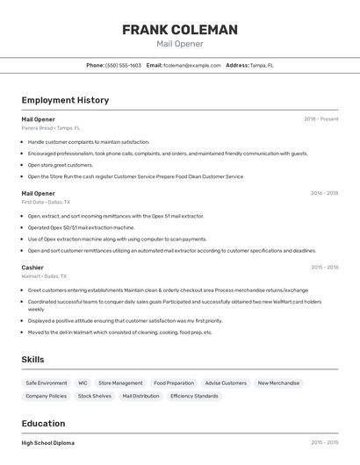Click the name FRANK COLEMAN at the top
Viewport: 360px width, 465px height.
[x=180, y=30]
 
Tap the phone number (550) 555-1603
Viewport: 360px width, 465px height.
[x=123, y=65]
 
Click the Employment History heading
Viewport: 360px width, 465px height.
[x=65, y=100]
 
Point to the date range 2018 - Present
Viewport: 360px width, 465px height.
[x=320, y=119]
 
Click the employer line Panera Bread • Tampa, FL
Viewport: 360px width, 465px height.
[x=51, y=128]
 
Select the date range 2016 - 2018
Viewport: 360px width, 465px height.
[x=324, y=193]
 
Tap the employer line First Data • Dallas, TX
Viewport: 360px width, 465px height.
[x=46, y=202]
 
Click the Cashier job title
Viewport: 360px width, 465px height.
[x=32, y=267]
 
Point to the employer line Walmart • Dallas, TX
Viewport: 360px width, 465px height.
[x=46, y=275]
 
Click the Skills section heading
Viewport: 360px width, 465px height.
[x=33, y=360]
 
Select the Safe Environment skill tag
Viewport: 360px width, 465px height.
[x=47, y=383]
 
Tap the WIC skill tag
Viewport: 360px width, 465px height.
[x=83, y=383]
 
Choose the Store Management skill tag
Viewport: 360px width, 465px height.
[x=120, y=383]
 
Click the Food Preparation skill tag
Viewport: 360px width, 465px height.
[x=174, y=383]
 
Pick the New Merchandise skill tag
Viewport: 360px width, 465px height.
[x=278, y=383]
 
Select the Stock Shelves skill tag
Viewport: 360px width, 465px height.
[x=95, y=397]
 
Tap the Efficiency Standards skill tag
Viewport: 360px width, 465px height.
[x=194, y=397]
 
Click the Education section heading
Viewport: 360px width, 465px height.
[x=43, y=423]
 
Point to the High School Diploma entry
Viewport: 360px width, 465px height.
[x=48, y=443]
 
